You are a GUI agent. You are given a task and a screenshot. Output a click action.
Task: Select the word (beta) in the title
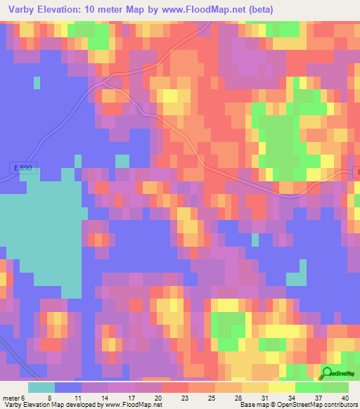(257, 10)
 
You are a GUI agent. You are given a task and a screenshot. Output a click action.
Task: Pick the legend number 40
(345, 398)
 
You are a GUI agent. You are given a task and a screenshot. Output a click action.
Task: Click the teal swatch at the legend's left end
(41, 387)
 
